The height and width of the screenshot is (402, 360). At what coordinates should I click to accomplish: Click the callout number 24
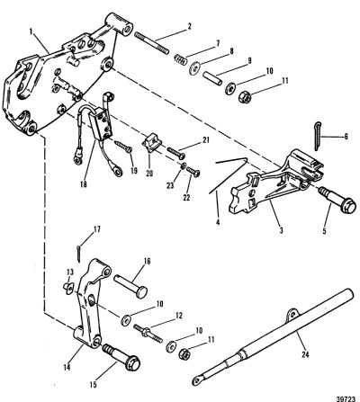point(305,354)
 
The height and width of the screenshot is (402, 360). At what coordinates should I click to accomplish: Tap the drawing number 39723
point(350,398)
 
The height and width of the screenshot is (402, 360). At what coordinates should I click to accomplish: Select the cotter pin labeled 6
point(318,137)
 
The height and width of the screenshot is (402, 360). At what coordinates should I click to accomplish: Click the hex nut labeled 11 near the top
point(245,96)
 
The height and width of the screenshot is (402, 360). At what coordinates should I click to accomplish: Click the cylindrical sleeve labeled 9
point(212,78)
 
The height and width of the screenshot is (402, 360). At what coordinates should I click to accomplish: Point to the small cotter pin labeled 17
point(78,254)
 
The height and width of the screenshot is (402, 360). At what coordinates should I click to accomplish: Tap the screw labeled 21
point(176,152)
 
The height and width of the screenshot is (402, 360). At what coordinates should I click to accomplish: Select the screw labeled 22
point(193,171)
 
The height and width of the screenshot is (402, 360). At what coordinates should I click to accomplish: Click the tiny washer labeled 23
point(184,165)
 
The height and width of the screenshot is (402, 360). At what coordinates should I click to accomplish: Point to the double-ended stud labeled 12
point(148,333)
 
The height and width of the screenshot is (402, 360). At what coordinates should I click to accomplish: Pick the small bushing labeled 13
point(68,288)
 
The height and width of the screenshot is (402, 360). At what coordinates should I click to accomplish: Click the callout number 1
point(31,31)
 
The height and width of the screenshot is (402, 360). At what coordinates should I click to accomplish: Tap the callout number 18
point(84,184)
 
